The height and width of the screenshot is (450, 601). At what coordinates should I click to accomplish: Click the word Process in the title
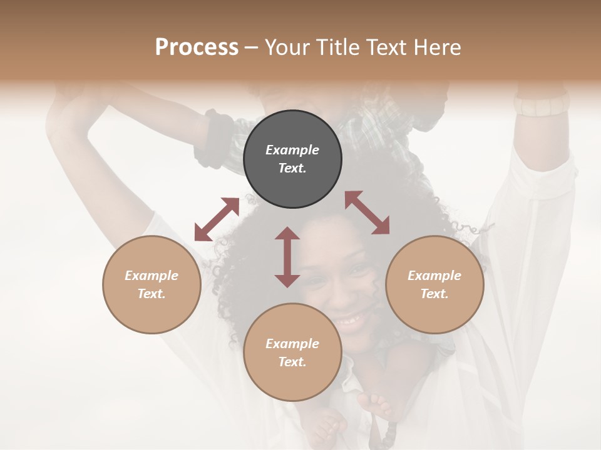coord(197,47)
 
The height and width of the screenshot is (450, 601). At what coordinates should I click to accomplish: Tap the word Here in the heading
coord(437,47)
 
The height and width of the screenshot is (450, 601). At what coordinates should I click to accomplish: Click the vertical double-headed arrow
coord(287,257)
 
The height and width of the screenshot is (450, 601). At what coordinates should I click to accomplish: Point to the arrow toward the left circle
coord(217,219)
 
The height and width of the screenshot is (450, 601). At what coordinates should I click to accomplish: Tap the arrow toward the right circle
coord(367,212)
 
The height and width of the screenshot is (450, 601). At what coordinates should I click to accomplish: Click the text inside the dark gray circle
coord(292,159)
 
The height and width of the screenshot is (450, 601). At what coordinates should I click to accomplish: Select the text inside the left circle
coord(152,284)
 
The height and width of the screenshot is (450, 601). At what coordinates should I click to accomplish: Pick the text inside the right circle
coord(434,284)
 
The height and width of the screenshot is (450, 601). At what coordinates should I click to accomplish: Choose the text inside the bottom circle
coord(292,352)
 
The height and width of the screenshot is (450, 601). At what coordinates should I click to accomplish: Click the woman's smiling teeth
coord(349,321)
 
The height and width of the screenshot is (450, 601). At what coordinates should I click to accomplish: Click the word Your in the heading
coord(289,47)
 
